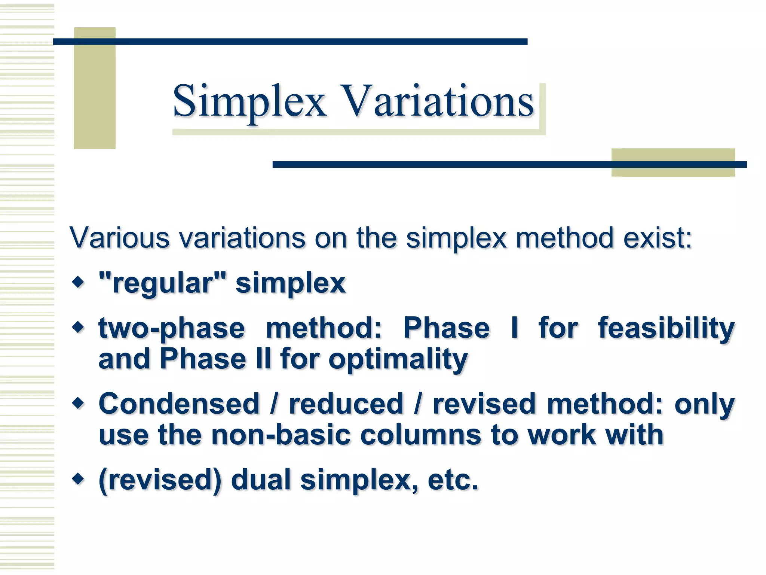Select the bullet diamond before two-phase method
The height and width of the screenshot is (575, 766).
point(78,327)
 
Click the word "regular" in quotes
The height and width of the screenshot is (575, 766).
point(163,283)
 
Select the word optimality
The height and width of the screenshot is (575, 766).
point(398,360)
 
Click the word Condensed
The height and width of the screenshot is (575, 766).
point(179,404)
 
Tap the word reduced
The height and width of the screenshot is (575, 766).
point(346,404)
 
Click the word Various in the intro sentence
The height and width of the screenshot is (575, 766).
point(120,238)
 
